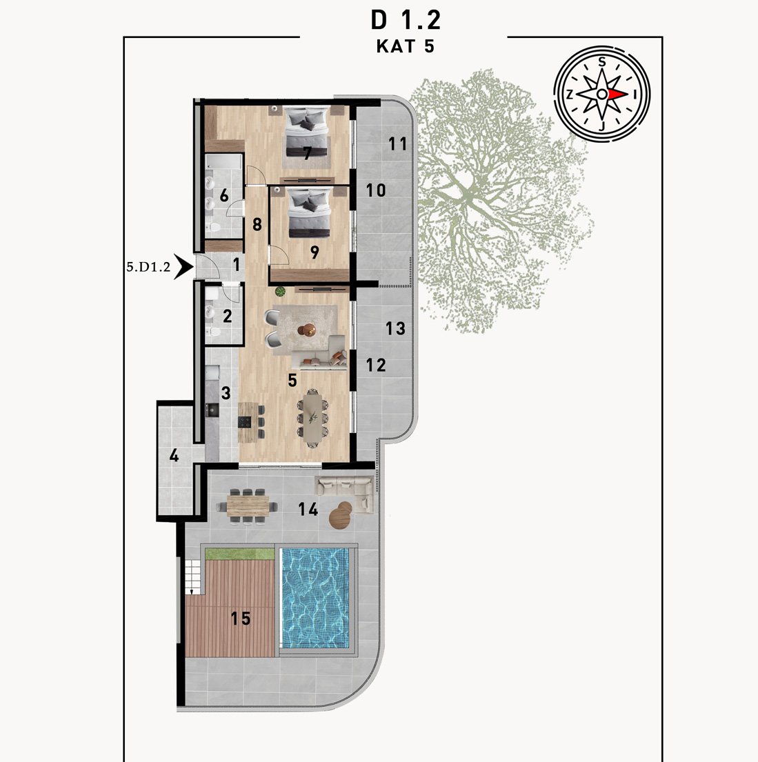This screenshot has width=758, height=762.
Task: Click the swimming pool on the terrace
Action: pyautogui.click(x=316, y=599)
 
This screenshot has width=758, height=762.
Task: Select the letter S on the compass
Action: pyautogui.click(x=602, y=61)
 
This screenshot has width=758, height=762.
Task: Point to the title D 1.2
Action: pyautogui.click(x=406, y=21)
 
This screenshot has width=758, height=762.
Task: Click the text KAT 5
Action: pyautogui.click(x=405, y=46)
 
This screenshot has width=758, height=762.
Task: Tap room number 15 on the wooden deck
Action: pyautogui.click(x=240, y=618)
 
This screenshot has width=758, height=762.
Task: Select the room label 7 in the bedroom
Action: pyautogui.click(x=307, y=154)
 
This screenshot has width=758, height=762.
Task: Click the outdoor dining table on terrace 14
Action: pyautogui.click(x=248, y=506)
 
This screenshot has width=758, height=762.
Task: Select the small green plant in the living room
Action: pyautogui.click(x=280, y=292)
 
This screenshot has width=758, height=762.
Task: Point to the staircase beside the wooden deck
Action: pyautogui.click(x=194, y=576)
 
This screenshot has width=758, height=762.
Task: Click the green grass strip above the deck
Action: pyautogui.click(x=240, y=554)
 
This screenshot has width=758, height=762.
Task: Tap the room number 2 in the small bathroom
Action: pyautogui.click(x=227, y=316)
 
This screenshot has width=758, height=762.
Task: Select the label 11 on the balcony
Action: pyautogui.click(x=397, y=143)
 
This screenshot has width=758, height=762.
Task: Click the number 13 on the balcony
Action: pyautogui.click(x=395, y=328)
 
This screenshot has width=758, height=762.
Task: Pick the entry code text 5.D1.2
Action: pyautogui.click(x=148, y=267)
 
